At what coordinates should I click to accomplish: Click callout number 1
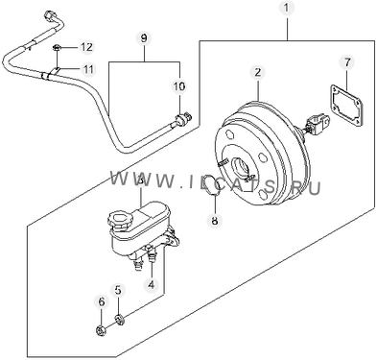(286, 8)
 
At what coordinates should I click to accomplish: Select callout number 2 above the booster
(258, 73)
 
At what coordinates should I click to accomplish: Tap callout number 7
(347, 62)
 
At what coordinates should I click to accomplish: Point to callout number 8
(214, 220)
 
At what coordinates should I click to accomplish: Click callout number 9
(144, 38)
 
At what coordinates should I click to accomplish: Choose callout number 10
(179, 86)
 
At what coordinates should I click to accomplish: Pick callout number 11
(88, 69)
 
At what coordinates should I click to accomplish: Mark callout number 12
(86, 47)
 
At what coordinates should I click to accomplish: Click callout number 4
(151, 284)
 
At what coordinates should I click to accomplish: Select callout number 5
(118, 291)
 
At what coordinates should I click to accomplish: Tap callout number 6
(102, 301)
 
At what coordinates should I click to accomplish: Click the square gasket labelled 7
(346, 106)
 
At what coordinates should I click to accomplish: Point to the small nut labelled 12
(57, 48)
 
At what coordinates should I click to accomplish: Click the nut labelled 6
(101, 330)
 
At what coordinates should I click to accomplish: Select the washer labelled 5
(120, 320)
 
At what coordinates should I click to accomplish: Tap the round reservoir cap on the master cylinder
(118, 221)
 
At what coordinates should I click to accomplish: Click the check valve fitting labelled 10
(183, 119)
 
